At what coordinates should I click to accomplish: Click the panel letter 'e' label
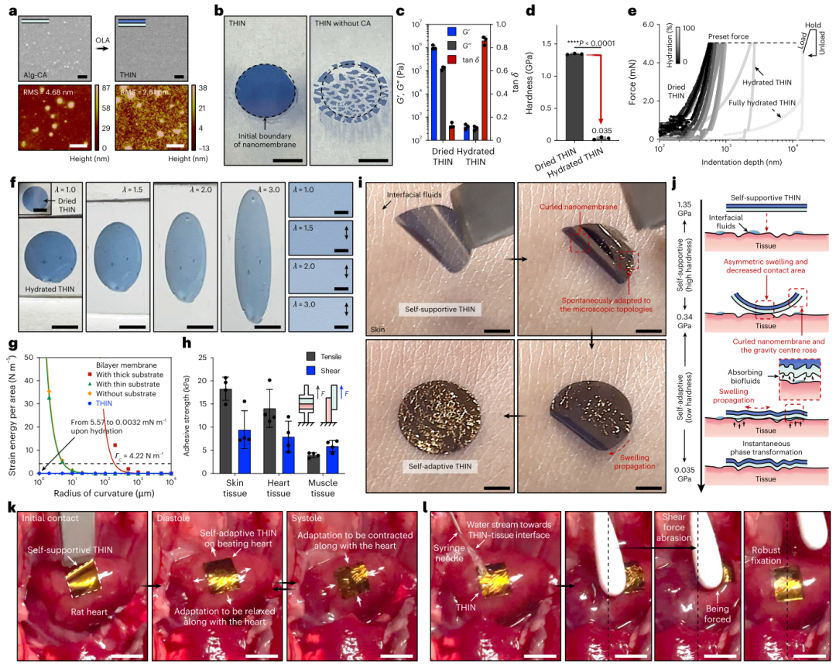point(633,12)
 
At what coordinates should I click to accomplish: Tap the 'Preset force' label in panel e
point(730,36)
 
